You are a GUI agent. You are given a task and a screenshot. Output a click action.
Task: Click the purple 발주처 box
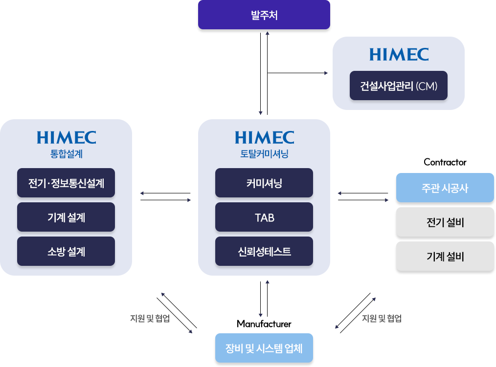(x=264, y=15)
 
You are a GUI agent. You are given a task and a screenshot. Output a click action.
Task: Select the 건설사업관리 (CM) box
(x=399, y=86)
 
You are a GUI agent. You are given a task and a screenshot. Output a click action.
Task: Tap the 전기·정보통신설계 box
(x=66, y=183)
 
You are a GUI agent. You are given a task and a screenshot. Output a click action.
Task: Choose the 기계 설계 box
(x=66, y=217)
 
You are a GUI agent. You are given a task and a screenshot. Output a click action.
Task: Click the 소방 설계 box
(x=66, y=251)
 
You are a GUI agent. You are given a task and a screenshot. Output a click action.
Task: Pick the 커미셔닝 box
(x=264, y=183)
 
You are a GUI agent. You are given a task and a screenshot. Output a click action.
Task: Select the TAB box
(x=264, y=217)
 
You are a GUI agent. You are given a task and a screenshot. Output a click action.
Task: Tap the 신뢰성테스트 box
(x=264, y=251)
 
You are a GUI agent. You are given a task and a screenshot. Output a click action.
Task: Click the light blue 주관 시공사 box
(x=445, y=188)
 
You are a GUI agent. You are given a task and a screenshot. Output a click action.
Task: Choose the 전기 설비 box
(x=445, y=222)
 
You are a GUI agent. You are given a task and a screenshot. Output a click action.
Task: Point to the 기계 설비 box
(x=445, y=256)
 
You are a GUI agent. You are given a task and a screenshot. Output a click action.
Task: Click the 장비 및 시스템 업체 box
(x=264, y=348)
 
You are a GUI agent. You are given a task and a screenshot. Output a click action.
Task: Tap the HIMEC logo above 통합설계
(x=67, y=137)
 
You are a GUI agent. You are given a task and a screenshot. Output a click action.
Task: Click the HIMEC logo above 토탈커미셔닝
(x=264, y=137)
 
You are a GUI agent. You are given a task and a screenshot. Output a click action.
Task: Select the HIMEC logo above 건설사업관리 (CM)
(x=399, y=54)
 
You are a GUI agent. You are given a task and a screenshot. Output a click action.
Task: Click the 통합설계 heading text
(x=67, y=154)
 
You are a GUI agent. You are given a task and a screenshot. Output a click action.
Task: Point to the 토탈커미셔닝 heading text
(x=264, y=154)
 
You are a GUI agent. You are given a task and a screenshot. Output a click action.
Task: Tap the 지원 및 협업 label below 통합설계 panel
(x=150, y=318)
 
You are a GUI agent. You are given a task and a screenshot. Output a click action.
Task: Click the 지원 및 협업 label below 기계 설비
(x=382, y=318)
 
